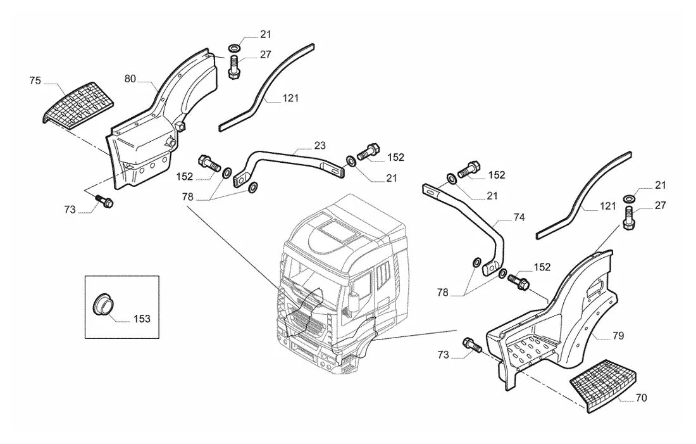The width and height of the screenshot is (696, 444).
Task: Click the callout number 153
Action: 142,319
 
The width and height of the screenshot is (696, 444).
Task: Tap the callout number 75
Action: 35,80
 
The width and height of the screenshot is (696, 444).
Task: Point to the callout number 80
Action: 130,79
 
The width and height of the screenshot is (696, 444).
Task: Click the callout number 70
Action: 642,398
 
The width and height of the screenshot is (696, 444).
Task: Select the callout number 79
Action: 618,336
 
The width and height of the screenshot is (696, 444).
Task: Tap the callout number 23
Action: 320,145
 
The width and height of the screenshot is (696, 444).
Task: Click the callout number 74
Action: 519,217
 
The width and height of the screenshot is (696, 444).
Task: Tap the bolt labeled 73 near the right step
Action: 472,345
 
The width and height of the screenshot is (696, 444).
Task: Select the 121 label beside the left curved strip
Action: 290,98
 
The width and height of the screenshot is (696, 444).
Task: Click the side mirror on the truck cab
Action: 354,302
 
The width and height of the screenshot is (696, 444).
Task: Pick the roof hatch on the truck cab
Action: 339,232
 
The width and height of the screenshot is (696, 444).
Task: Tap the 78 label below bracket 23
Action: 187,196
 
